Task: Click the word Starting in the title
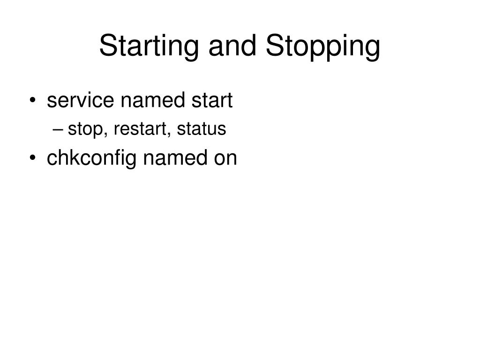(149, 46)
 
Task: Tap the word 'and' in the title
(232, 45)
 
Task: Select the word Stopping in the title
(323, 46)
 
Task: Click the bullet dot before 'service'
(33, 100)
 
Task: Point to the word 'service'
(81, 100)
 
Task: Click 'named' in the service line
(153, 100)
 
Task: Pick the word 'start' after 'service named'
(212, 100)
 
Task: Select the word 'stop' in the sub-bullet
(85, 129)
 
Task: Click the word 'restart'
(140, 128)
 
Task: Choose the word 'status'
(202, 128)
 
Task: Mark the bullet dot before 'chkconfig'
(33, 158)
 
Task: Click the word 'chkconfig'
(91, 158)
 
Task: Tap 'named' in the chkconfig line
(175, 157)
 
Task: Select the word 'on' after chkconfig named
(225, 159)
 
